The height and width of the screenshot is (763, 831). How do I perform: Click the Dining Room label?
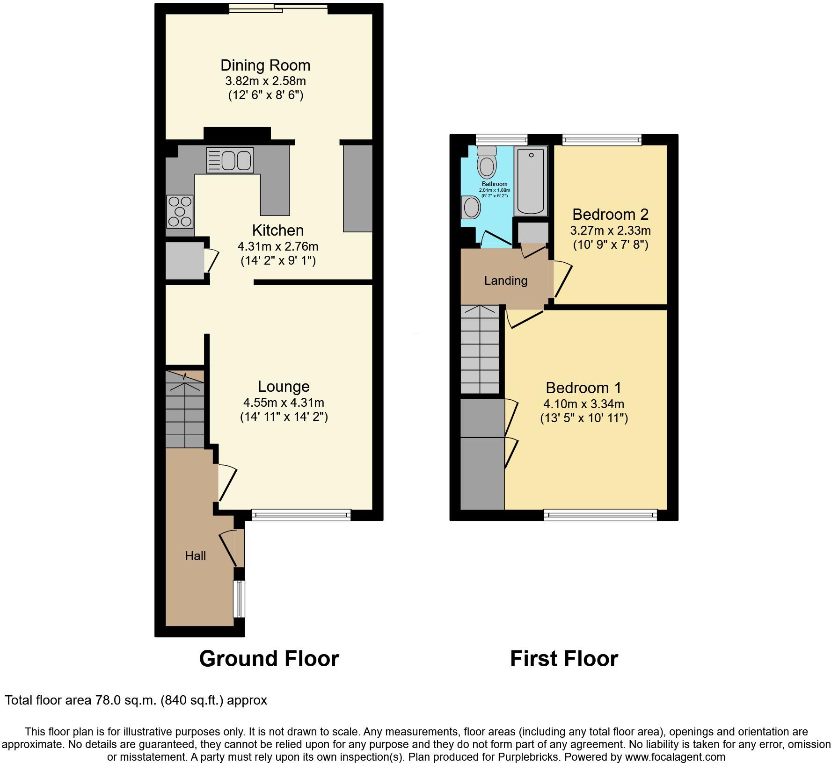(x=265, y=65)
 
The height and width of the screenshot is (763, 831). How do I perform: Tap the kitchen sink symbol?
(x=230, y=160)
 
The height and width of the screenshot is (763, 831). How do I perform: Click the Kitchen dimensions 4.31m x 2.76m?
(x=278, y=246)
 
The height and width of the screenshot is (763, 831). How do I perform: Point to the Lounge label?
(x=284, y=386)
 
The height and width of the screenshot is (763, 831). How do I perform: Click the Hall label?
(x=195, y=555)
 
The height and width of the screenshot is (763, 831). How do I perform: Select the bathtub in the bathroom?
(x=531, y=180)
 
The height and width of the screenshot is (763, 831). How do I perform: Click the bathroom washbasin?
(x=470, y=207)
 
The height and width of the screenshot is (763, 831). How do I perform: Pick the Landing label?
(x=505, y=281)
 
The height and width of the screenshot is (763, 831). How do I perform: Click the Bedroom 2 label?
(x=610, y=214)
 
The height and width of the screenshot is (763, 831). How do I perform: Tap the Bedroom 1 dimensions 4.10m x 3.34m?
(x=583, y=404)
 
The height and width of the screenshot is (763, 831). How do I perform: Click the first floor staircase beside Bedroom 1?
(x=480, y=350)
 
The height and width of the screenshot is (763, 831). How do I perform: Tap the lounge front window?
(x=301, y=515)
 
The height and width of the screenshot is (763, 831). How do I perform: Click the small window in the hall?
(x=239, y=598)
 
